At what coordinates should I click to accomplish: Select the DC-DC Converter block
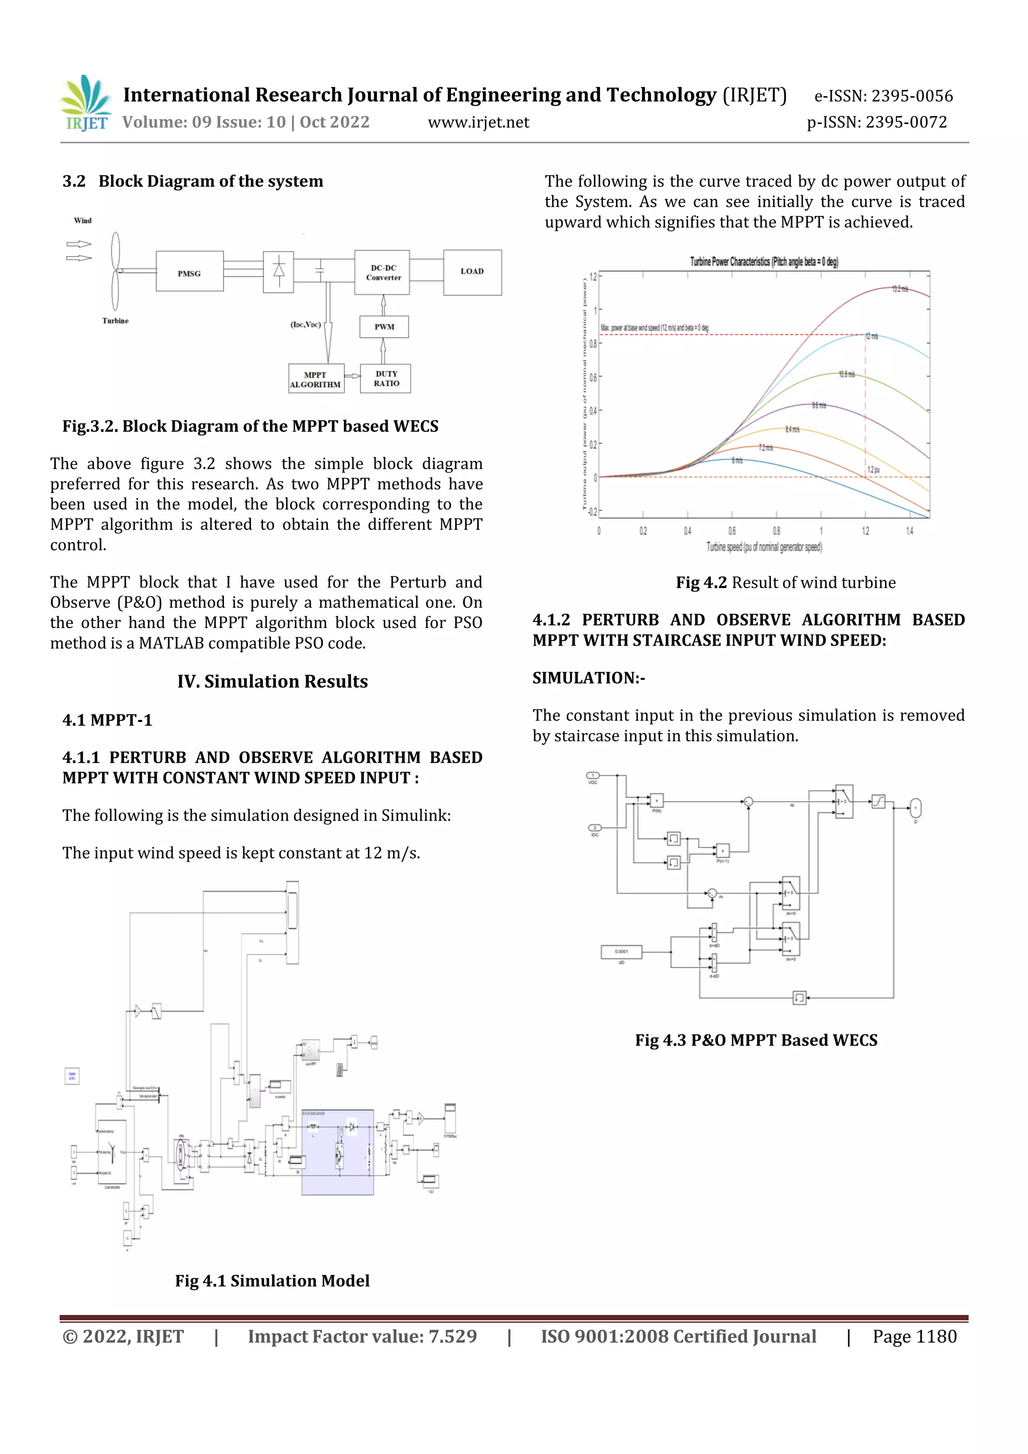click(382, 273)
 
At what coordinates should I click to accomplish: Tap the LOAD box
click(472, 272)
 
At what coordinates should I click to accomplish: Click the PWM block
click(383, 327)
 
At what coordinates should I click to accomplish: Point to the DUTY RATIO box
click(385, 379)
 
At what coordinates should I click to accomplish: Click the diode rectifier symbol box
click(278, 272)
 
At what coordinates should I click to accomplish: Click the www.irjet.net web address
click(478, 122)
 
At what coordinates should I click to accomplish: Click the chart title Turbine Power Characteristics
click(763, 262)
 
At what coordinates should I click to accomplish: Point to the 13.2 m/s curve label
click(899, 289)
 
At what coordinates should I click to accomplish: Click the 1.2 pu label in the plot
click(873, 470)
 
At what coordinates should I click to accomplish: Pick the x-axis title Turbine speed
click(763, 547)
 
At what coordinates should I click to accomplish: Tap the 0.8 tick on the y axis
click(593, 344)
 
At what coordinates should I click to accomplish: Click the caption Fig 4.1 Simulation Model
click(272, 1280)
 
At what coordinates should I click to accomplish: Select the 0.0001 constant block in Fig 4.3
click(621, 952)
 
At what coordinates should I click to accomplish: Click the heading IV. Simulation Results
click(272, 681)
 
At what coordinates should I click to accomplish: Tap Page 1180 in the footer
click(914, 1337)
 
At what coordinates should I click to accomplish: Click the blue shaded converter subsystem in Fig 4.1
click(337, 1153)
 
